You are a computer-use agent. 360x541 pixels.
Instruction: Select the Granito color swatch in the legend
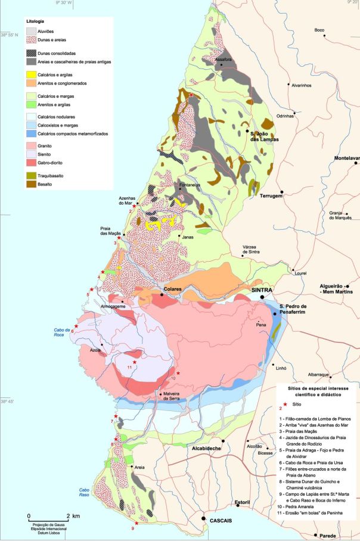click(32, 145)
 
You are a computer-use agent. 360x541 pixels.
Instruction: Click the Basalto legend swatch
click(32, 186)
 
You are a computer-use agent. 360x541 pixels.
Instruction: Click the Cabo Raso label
click(88, 493)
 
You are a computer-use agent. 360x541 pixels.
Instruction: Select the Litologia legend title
click(35, 20)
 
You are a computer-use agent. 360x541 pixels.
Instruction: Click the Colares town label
click(172, 293)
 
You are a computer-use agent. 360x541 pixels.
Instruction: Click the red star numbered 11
click(135, 362)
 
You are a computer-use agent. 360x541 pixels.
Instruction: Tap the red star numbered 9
click(136, 523)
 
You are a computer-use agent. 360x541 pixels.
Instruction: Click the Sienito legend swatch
click(32, 153)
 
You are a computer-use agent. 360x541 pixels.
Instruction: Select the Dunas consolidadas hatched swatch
click(32, 54)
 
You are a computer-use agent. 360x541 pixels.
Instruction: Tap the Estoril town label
click(242, 502)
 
